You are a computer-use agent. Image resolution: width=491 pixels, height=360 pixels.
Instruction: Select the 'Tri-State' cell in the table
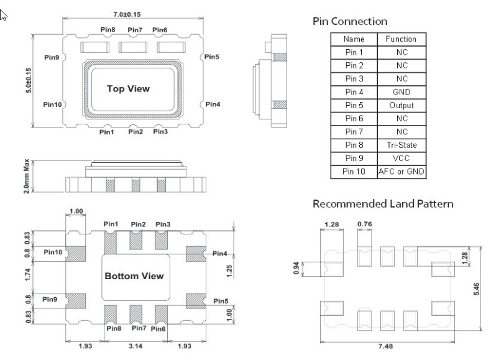click(x=401, y=145)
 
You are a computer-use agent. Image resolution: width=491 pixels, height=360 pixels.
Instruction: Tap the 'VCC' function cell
click(x=401, y=158)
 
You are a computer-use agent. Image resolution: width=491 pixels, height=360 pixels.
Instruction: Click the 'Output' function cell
click(x=401, y=105)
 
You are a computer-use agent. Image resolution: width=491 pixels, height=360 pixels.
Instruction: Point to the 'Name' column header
click(x=354, y=39)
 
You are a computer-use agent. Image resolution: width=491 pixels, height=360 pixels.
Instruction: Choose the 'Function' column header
click(x=401, y=39)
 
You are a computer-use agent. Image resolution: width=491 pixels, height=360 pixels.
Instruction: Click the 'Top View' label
click(x=129, y=89)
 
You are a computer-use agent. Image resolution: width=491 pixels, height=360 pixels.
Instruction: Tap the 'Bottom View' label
click(x=134, y=276)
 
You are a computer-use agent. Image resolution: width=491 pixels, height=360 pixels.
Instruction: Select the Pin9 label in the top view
click(x=52, y=57)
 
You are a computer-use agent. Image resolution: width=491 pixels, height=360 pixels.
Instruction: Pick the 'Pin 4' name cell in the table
click(x=354, y=92)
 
